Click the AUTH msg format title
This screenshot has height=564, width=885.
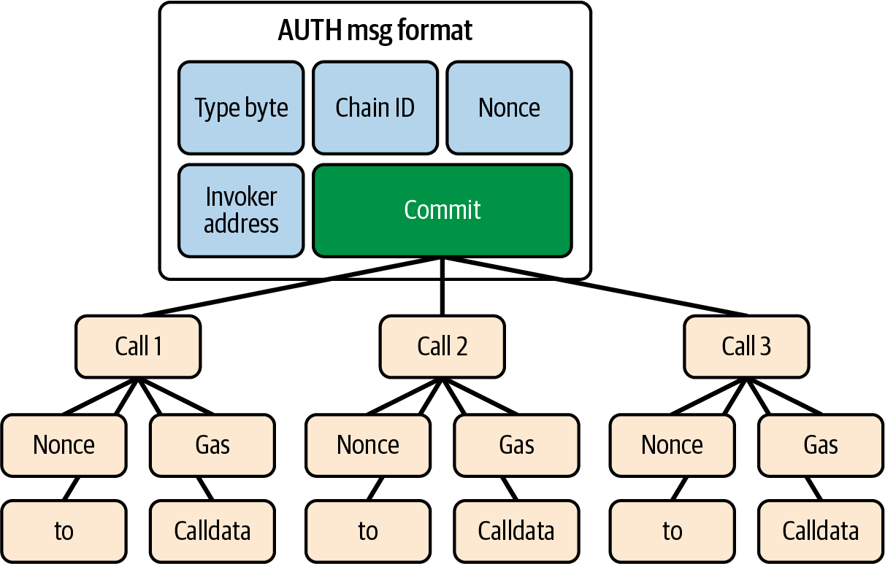(375, 31)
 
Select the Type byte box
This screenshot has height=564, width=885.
(241, 108)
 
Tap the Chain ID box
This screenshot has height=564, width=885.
(375, 108)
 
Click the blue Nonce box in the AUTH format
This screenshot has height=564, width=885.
(509, 108)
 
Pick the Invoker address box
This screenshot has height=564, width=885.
(241, 210)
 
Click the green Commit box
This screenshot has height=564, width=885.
(442, 210)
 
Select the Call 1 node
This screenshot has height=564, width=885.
(138, 346)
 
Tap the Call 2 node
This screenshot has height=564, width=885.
(442, 346)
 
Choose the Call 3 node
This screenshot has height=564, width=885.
(746, 346)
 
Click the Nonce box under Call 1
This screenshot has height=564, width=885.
(64, 445)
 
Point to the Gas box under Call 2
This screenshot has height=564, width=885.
(516, 445)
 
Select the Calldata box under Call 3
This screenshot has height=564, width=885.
(820, 531)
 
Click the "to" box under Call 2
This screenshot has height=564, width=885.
(367, 531)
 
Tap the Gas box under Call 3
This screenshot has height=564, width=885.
(820, 445)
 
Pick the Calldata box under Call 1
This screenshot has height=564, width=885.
(212, 531)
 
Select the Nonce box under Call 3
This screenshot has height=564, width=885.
(672, 445)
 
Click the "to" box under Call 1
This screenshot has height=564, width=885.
(64, 531)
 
